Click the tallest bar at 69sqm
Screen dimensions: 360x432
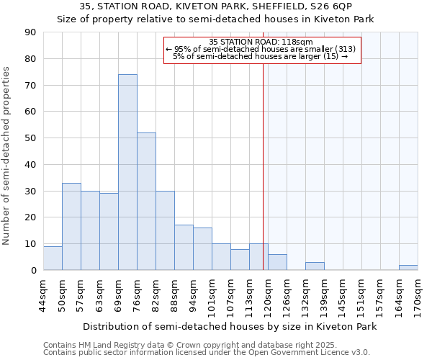127,173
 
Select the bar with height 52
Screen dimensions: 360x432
146,202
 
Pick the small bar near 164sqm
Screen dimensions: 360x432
408,268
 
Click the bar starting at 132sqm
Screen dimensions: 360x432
315,266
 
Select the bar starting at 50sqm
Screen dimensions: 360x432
71,227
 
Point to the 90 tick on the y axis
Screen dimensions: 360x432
30,32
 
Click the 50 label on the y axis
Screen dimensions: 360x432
30,138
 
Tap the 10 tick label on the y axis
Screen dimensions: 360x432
30,244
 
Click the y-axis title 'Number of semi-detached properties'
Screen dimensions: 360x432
7,155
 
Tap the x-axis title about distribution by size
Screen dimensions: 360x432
230,326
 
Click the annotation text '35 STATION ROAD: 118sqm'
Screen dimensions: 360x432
261,42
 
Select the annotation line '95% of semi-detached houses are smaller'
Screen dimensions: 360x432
261,49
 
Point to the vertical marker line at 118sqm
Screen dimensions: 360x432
263,166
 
